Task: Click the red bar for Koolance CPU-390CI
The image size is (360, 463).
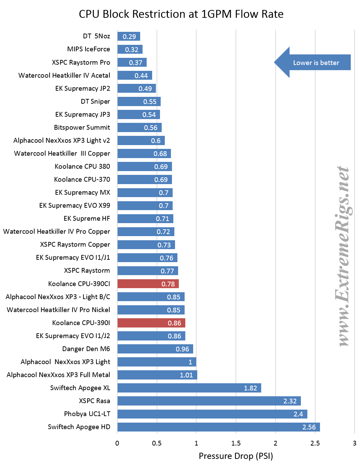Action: click(x=148, y=284)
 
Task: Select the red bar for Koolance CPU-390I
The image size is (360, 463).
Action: click(x=151, y=323)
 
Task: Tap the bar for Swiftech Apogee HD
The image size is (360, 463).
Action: click(x=218, y=427)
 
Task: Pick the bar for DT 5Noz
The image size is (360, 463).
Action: click(x=129, y=36)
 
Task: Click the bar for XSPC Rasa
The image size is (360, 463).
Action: click(x=209, y=401)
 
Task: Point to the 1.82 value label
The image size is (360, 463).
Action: click(x=250, y=388)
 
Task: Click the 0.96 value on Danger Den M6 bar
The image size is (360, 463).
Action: click(x=182, y=349)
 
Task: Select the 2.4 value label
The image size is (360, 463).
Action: click(x=298, y=414)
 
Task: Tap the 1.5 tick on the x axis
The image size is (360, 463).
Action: click(x=236, y=443)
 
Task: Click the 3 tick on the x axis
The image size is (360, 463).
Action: click(x=355, y=443)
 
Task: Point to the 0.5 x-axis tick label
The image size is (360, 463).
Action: click(x=157, y=443)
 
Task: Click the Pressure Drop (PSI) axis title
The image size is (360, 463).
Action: click(x=236, y=456)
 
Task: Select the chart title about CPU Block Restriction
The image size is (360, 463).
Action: click(x=181, y=14)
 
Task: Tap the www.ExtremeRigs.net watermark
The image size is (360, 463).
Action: click(x=343, y=256)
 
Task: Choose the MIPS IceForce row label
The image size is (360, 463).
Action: click(x=89, y=49)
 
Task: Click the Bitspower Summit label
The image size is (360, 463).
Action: click(x=82, y=127)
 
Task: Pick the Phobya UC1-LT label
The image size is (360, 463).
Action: click(x=87, y=414)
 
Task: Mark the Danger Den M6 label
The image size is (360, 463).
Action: click(x=86, y=349)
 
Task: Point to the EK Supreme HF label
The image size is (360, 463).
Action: click(x=87, y=218)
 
